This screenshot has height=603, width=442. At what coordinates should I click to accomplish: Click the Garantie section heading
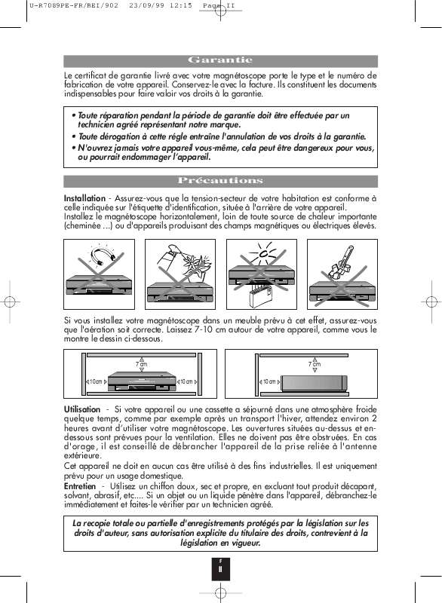(x=220, y=60)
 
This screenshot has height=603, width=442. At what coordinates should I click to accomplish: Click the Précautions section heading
(x=220, y=181)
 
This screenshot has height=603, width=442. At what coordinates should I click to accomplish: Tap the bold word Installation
(x=84, y=197)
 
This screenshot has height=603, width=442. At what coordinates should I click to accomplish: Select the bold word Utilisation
(x=82, y=409)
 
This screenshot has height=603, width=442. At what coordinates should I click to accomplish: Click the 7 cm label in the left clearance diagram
(x=141, y=365)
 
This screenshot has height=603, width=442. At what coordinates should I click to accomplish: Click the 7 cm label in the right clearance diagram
(x=315, y=365)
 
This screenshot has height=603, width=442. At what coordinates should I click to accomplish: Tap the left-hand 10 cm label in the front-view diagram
(x=97, y=382)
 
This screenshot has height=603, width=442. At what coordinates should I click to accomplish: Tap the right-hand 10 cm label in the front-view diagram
(x=189, y=382)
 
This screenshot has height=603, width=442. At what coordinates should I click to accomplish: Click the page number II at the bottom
(x=220, y=569)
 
